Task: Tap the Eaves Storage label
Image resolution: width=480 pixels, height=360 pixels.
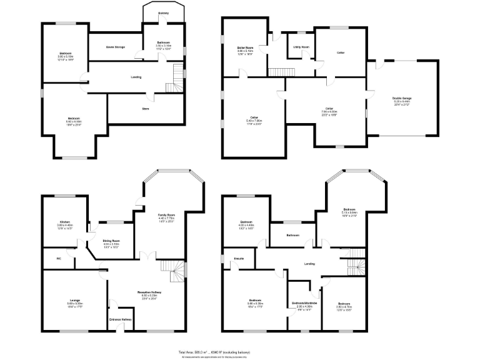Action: tap(115, 46)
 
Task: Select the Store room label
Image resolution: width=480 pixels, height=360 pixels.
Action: tap(146, 109)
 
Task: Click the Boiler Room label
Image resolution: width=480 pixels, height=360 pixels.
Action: tap(244, 47)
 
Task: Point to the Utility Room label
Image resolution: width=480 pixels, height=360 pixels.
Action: tap(301, 46)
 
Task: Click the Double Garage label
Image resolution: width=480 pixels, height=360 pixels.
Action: tap(402, 99)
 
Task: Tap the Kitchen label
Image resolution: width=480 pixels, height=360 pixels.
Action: tap(65, 221)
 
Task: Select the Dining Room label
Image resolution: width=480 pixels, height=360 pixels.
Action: tap(111, 241)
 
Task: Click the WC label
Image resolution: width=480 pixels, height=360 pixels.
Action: tap(58, 257)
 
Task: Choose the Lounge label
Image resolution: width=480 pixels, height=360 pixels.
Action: tap(74, 301)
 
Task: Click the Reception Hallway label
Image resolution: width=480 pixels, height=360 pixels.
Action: tap(150, 292)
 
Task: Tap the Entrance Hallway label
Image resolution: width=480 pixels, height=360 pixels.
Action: tap(120, 320)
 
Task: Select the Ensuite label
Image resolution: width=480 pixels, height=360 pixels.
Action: tap(239, 257)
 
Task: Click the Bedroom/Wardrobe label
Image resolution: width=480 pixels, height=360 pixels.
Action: tap(304, 303)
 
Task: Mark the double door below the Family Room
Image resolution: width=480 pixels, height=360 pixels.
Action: tap(146, 256)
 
